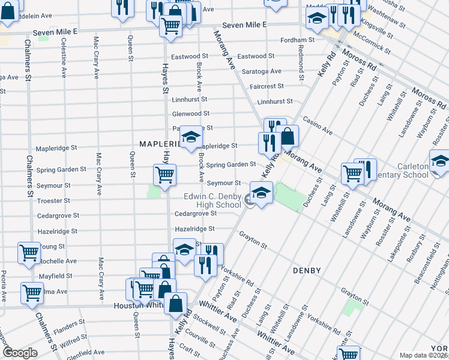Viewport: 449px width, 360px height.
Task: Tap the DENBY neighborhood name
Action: click(308, 271)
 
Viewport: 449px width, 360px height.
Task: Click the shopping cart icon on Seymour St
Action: click(164, 175)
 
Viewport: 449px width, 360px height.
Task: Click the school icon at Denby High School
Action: click(262, 193)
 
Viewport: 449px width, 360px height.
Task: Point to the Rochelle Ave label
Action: click(62, 261)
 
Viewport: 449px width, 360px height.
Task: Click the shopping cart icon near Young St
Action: click(29, 253)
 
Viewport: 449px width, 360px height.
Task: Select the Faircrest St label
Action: click(267, 86)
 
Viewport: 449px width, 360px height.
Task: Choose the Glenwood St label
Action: click(191, 113)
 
